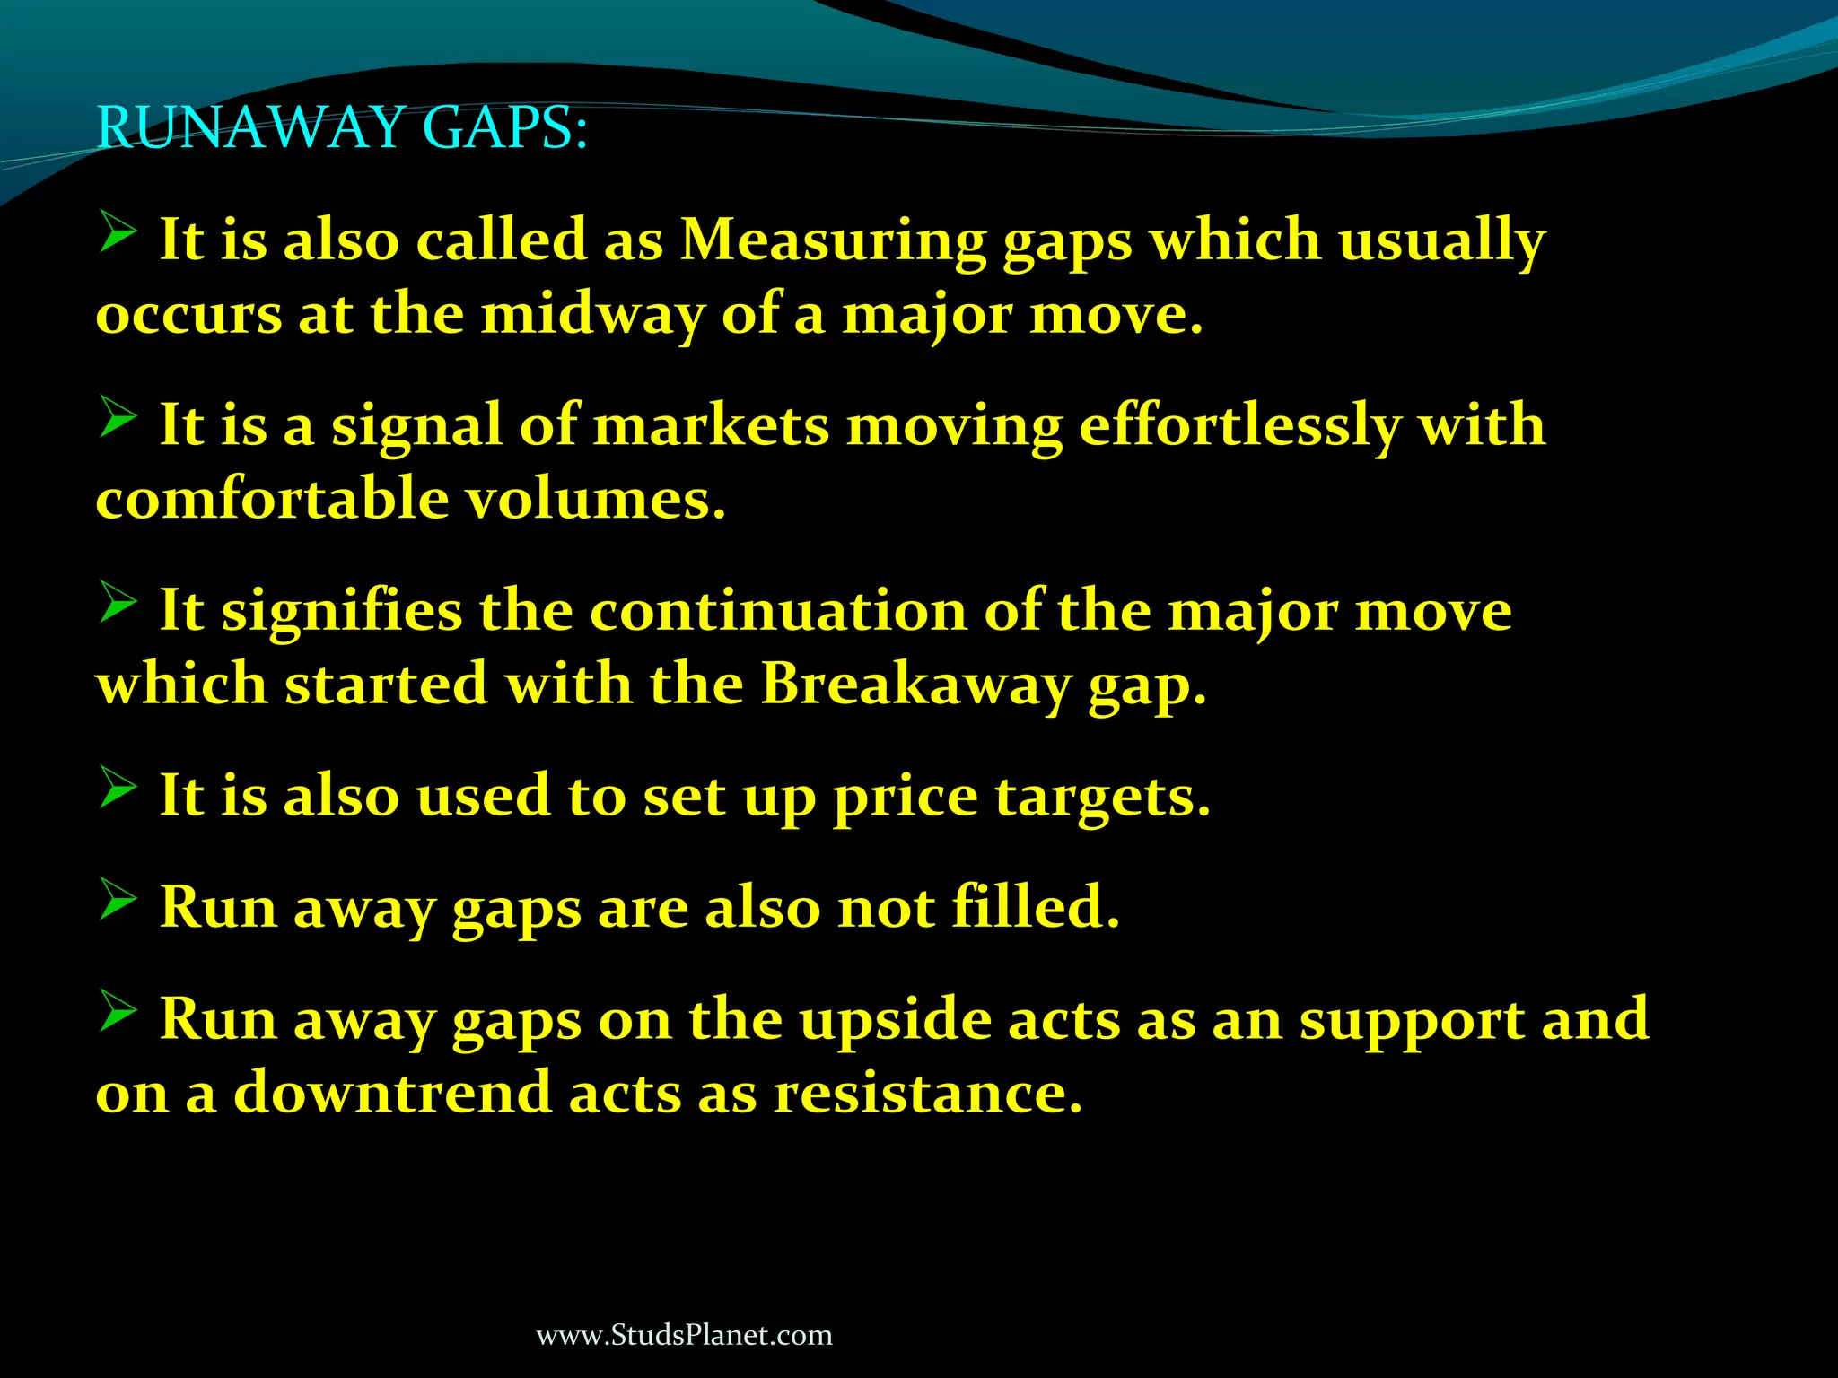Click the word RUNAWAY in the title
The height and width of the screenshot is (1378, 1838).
click(x=249, y=127)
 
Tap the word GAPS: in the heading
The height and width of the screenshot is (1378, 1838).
click(x=504, y=127)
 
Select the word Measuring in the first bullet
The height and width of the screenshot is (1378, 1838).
click(x=832, y=240)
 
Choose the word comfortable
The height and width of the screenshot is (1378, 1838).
click(x=272, y=499)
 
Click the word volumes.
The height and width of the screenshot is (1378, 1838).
click(x=595, y=499)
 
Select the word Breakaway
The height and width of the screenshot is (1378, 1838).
click(x=916, y=685)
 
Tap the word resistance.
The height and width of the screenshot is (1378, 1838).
click(x=928, y=1094)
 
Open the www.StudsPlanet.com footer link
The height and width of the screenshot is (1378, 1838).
click(x=684, y=1335)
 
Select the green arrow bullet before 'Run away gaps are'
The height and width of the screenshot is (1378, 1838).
click(x=118, y=897)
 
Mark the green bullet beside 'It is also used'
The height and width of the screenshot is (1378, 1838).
click(x=118, y=786)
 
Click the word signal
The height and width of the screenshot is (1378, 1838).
click(x=416, y=425)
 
